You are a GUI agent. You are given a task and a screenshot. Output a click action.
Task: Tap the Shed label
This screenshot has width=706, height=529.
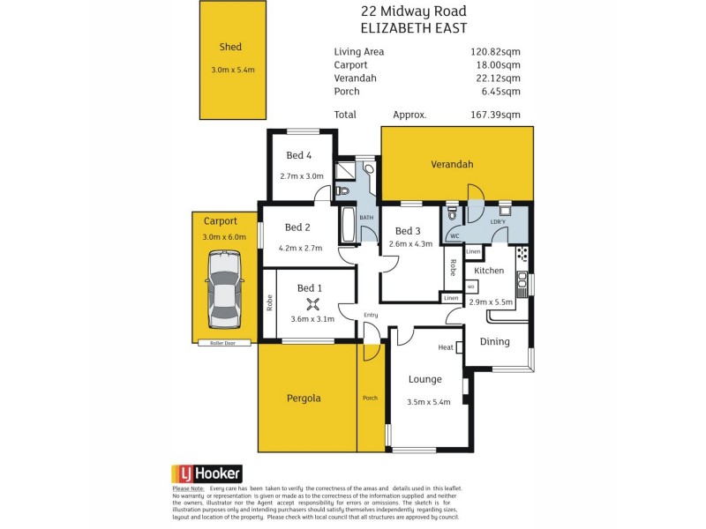[230, 48]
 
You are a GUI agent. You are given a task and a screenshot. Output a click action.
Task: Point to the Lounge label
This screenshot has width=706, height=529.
[424, 380]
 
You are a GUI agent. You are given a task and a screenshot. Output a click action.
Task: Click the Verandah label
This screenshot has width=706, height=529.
[452, 165]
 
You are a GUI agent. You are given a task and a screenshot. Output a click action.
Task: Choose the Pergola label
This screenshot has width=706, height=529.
[304, 399]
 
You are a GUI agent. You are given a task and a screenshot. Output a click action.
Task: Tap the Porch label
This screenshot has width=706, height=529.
[371, 399]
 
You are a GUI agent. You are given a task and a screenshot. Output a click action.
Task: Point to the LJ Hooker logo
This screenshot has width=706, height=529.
[205, 473]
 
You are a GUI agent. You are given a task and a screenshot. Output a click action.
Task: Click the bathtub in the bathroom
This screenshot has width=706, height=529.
[345, 227]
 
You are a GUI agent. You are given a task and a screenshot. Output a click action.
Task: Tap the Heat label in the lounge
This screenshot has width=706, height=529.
[446, 347]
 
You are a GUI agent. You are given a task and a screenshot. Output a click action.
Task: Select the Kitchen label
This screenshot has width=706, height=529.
[489, 271]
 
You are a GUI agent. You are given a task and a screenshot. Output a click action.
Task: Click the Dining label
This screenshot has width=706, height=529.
[494, 342]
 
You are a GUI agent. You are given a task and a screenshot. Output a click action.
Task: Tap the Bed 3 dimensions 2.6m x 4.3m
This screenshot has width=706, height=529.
[410, 244]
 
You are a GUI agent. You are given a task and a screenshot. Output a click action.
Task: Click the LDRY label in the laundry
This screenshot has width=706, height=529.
[498, 220]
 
